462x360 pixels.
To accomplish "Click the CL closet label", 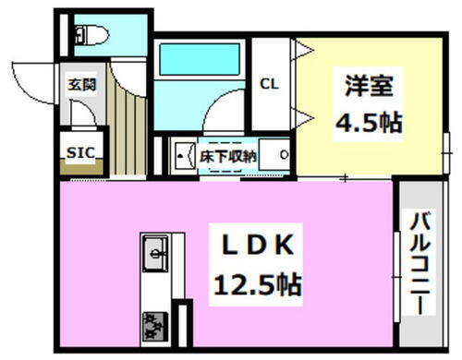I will click(269, 84).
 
